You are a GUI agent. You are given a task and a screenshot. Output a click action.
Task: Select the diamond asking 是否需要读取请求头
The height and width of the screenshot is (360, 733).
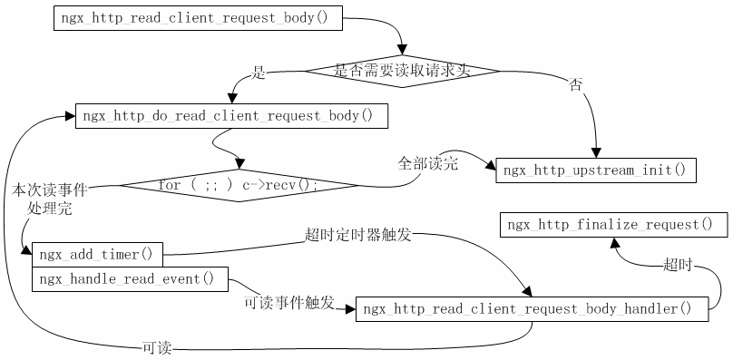coord(401,70)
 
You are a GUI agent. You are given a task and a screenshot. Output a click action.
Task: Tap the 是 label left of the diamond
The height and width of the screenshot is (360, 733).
coord(259,73)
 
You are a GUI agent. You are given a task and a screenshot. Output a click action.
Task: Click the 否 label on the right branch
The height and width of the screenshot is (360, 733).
coord(575,84)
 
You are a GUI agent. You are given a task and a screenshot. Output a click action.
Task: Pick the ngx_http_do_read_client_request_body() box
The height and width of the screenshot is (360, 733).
coord(228,116)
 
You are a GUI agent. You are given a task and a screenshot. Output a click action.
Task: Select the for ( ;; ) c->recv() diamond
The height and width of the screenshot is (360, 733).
coord(239,185)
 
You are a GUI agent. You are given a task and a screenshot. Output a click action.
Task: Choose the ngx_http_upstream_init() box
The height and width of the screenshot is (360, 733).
coord(595,170)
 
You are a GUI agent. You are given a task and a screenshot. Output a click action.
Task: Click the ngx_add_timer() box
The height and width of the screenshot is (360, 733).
coord(97,254)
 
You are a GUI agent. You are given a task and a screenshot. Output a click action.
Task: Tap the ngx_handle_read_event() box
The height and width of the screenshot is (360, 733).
coord(130,279)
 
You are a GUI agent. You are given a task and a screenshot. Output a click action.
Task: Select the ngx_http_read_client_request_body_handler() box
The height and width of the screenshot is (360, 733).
coord(533,309)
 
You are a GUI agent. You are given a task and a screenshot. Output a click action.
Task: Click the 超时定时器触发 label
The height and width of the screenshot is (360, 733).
coord(358,235)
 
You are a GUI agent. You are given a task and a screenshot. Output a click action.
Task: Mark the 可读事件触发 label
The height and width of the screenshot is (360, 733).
coord(289,301)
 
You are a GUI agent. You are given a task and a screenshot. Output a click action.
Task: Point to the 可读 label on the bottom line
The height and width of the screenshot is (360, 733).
coord(157,347)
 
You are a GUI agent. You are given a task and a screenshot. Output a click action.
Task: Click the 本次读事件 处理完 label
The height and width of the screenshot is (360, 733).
coord(50,199)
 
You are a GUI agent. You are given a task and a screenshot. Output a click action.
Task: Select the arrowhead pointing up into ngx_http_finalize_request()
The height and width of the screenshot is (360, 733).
coord(613,242)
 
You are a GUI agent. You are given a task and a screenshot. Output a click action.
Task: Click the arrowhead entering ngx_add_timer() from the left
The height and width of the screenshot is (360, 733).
coord(27,253)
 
